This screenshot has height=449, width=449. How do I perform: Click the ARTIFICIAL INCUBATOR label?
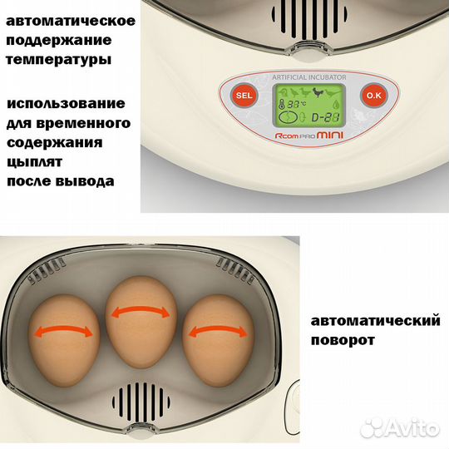pyautogui.click(x=301, y=77)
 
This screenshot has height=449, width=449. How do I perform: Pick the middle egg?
pyautogui.click(x=141, y=315)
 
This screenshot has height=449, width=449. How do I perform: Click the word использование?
pyautogui.click(x=66, y=103)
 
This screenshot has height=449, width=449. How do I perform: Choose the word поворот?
pyautogui.click(x=343, y=341)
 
